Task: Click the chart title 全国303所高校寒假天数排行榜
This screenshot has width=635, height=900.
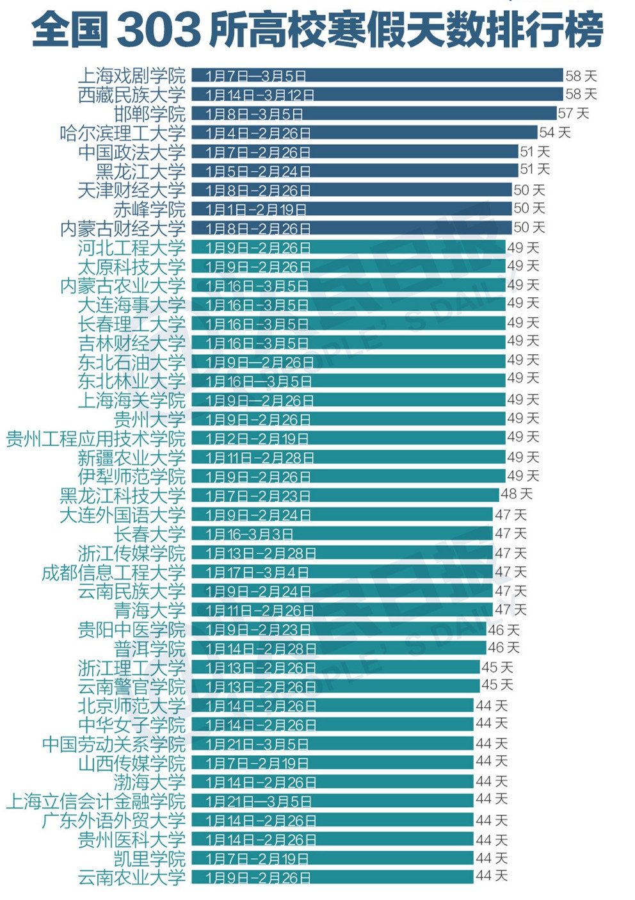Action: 317,29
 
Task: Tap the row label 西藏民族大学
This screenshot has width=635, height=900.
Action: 131,95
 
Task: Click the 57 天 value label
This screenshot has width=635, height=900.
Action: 573,113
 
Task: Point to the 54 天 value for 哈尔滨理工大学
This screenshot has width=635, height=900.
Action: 554,133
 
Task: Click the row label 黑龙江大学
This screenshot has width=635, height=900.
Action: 140,171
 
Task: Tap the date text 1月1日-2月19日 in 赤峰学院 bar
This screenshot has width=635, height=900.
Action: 256,209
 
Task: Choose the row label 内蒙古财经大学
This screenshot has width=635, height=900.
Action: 122,229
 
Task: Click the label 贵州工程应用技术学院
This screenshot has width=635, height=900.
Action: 95,439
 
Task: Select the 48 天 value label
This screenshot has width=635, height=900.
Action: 516,495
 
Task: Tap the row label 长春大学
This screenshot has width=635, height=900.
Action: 149,534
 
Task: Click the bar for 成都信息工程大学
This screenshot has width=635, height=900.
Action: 342,572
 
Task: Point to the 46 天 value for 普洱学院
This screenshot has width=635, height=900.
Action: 503,648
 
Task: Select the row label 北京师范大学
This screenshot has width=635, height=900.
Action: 131,706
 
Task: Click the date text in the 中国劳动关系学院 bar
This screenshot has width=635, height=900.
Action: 257,744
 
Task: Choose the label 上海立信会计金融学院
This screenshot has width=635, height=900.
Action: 95,801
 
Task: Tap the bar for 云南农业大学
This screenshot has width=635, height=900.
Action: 332,878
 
